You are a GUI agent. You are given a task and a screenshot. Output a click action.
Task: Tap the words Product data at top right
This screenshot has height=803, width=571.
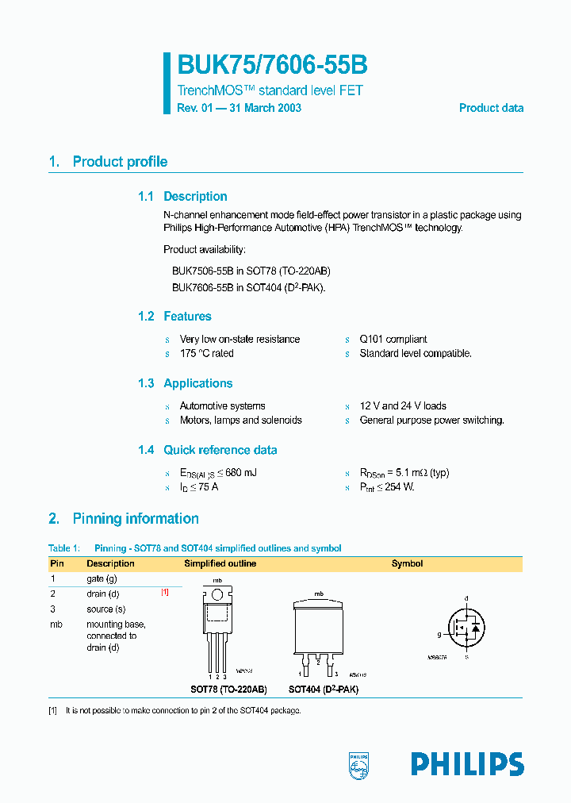(x=491, y=108)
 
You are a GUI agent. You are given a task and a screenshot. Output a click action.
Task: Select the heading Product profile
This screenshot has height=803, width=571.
(x=120, y=162)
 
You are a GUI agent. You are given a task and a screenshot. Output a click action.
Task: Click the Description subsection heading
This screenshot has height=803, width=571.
(x=195, y=197)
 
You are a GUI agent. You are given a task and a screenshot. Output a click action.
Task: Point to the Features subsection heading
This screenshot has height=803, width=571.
(x=187, y=317)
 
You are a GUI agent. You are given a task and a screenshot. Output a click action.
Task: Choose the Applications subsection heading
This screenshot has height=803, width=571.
(x=197, y=383)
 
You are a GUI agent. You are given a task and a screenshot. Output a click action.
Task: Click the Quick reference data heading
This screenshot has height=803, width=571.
(x=220, y=450)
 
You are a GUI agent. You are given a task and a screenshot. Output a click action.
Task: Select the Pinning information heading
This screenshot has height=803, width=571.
(x=135, y=519)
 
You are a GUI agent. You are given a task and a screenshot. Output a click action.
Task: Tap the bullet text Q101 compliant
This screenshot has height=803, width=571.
(x=393, y=339)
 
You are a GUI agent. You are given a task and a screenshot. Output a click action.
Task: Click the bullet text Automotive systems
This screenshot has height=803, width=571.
(x=222, y=405)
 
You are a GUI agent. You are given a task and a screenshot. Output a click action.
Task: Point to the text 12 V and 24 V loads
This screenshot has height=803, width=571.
(x=403, y=405)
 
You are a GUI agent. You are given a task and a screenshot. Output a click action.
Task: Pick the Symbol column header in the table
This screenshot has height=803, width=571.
(x=407, y=563)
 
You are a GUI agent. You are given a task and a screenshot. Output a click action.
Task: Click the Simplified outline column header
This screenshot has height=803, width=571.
(x=220, y=563)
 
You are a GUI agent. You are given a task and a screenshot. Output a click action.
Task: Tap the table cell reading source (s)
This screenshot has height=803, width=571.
(x=106, y=609)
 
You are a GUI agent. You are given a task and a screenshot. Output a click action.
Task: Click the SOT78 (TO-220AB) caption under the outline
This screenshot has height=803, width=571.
(x=228, y=690)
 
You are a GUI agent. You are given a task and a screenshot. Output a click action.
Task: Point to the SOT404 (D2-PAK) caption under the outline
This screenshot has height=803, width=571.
(x=323, y=690)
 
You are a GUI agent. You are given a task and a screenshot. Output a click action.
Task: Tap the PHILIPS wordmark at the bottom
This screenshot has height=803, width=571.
(x=467, y=764)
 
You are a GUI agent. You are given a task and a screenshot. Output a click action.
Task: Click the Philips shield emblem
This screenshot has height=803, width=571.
(x=359, y=764)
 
